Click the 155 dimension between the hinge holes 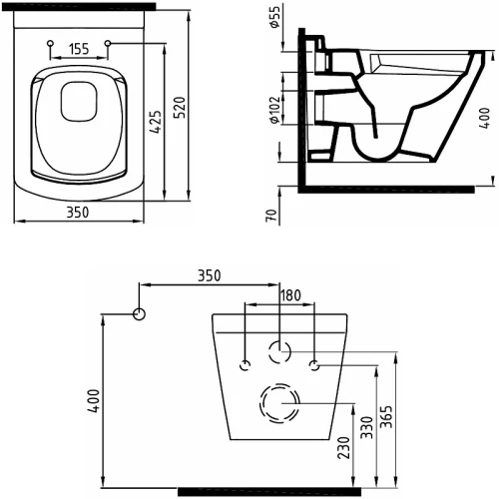pos(80,49)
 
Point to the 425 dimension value pos(156,122)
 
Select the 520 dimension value pos(180,108)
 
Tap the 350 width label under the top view pos(78,213)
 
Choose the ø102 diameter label pos(275,110)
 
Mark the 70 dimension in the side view pos(271,216)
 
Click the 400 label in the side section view pos(485,118)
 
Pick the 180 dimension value pos(290,295)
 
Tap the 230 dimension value pos(343,447)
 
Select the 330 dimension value pos(367,427)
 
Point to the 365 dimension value pos(386,417)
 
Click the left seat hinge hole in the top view pos(50,43)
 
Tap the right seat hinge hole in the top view pos(108,43)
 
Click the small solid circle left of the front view pos(139,314)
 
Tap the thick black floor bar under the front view pos(269,492)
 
